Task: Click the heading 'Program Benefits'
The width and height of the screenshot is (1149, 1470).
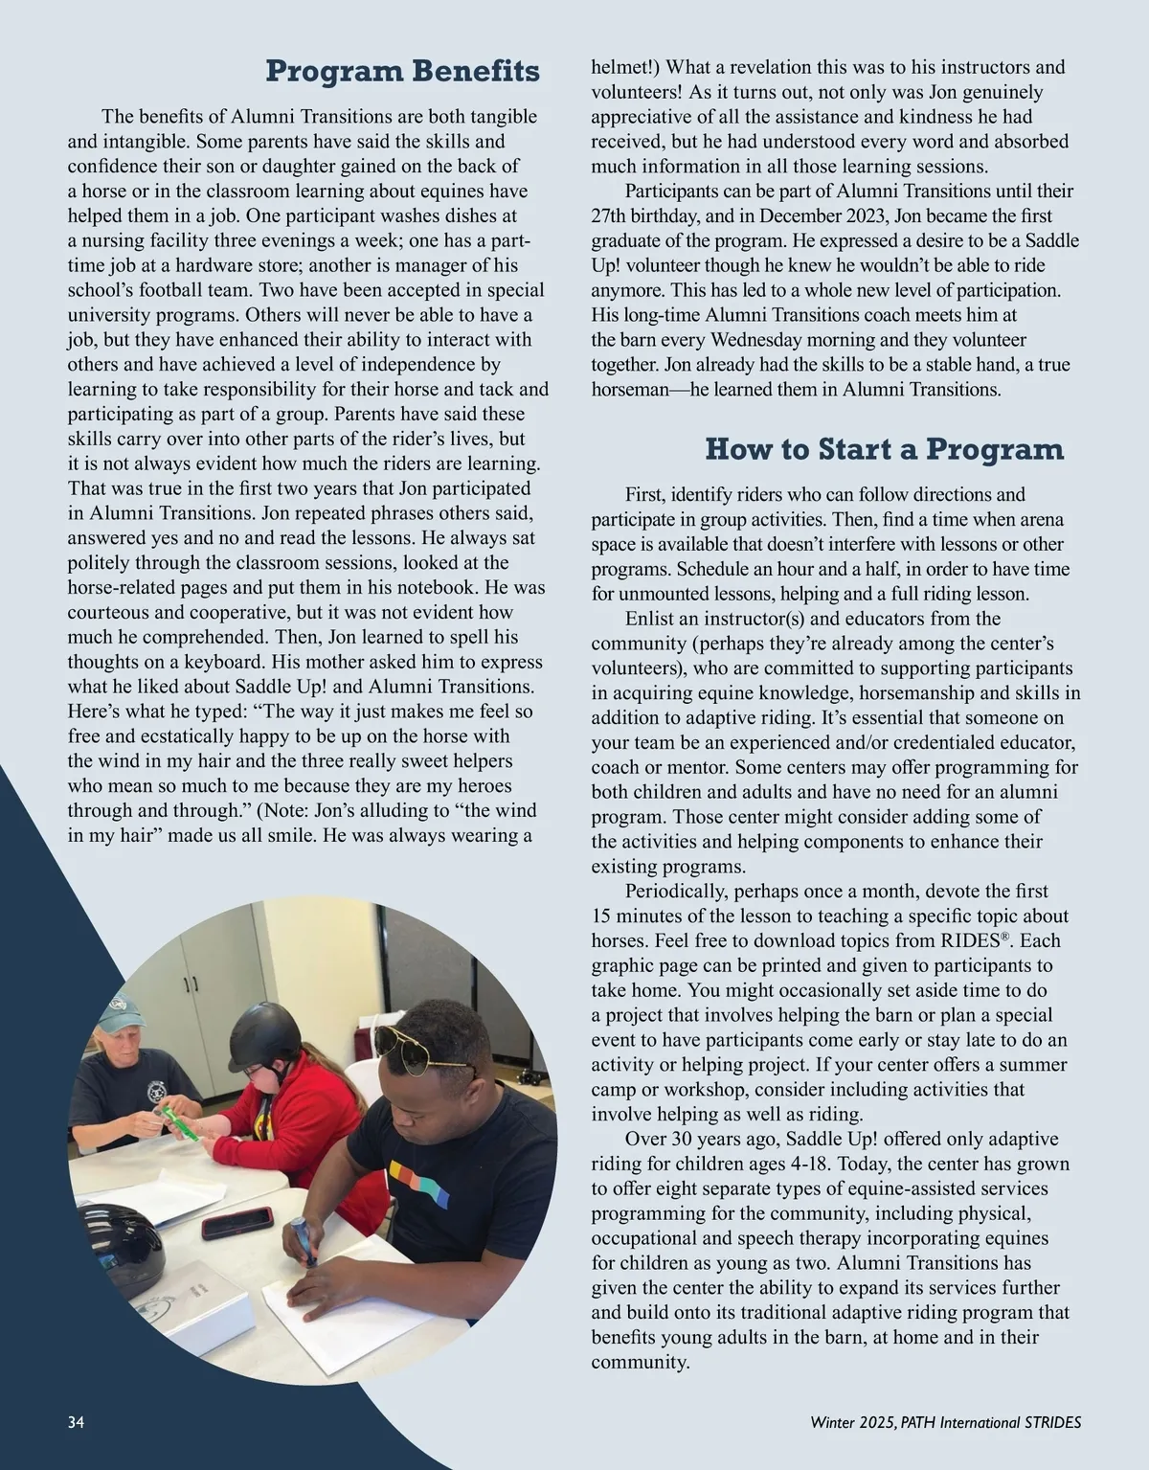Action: point(402,71)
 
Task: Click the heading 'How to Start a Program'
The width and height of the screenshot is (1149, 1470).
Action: point(884,449)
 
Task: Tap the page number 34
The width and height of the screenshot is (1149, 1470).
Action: point(77,1422)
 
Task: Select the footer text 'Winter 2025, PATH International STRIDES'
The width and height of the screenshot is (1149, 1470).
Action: point(945,1422)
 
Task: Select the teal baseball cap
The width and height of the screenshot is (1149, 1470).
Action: point(118,1012)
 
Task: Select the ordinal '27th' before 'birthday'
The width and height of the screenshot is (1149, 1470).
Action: point(610,215)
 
